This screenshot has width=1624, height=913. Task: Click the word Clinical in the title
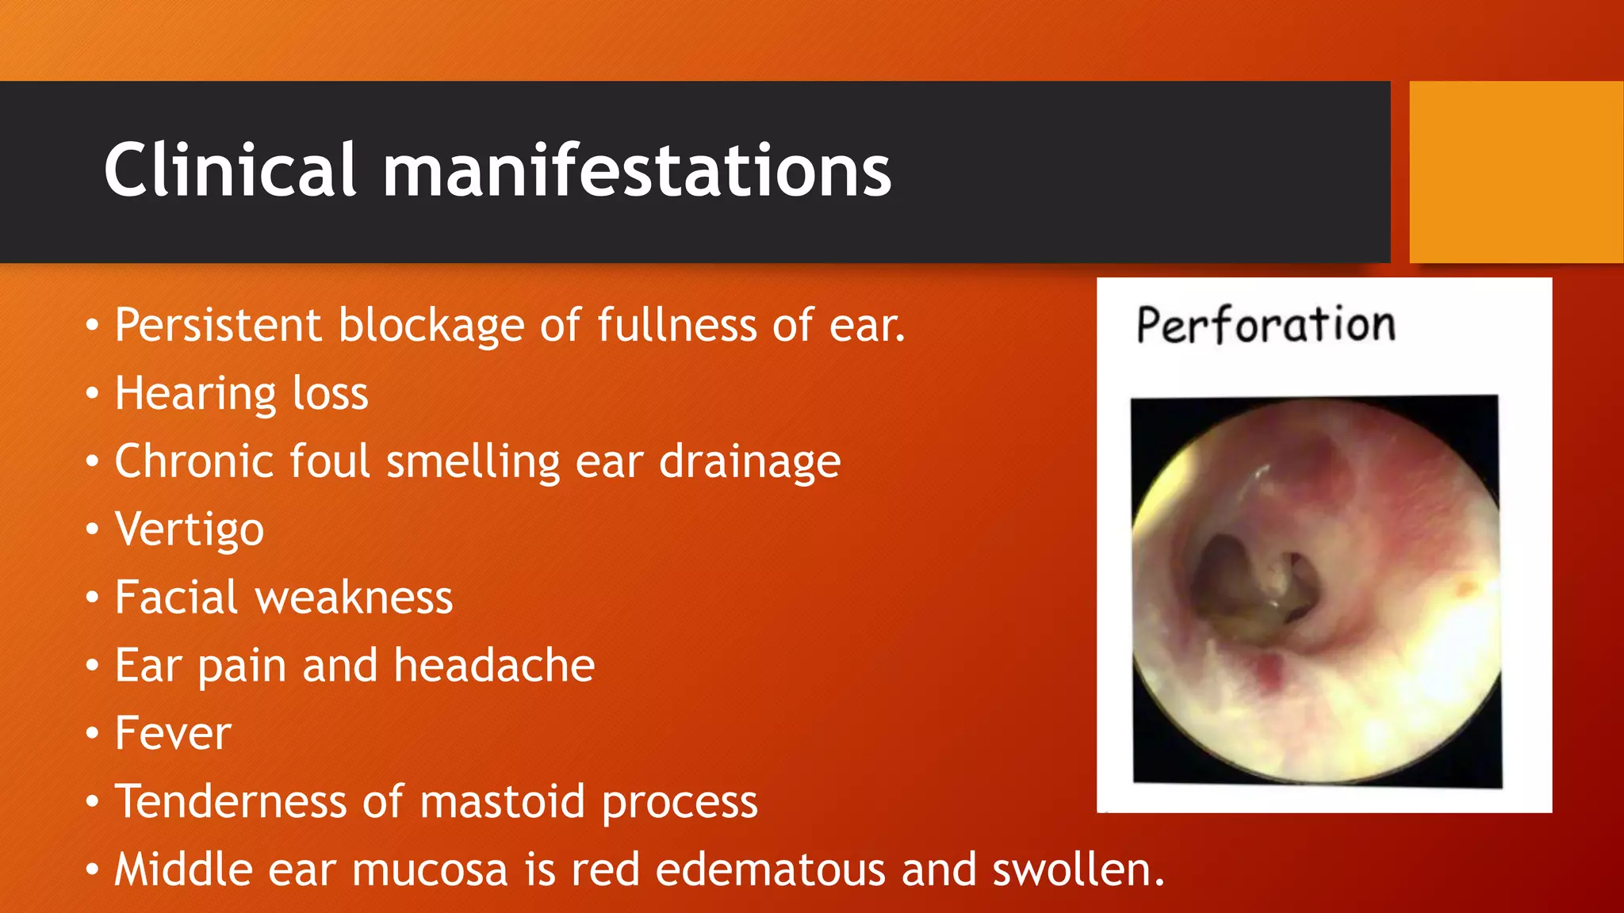tap(230, 170)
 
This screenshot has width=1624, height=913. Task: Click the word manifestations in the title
tap(637, 170)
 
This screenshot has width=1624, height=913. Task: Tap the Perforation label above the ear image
tap(1266, 325)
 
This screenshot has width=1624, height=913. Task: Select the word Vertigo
tap(189, 529)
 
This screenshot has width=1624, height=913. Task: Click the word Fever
tap(173, 733)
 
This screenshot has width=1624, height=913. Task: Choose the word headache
tap(494, 665)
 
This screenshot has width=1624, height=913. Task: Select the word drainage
tap(749, 462)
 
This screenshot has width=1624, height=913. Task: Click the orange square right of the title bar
tap(1515, 172)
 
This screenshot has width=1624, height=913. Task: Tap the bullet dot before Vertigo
tap(93, 529)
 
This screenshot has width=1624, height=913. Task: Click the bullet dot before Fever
tap(93, 733)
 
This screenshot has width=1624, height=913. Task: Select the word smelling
tap(473, 462)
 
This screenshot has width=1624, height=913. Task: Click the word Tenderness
tap(231, 801)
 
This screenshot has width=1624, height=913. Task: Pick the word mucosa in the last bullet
tap(429, 869)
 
